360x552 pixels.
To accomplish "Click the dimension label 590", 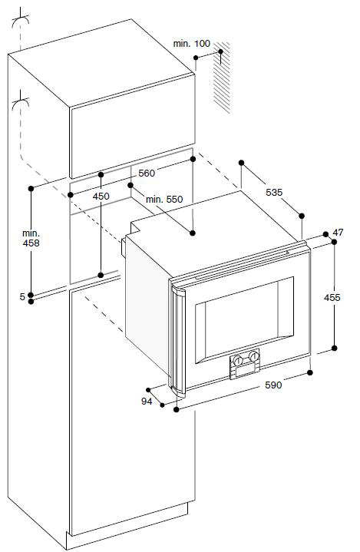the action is tap(273, 385).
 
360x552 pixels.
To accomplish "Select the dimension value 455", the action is tap(332, 297).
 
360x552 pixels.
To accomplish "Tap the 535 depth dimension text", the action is tap(274, 192).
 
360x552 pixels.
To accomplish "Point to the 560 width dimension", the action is tap(147, 174).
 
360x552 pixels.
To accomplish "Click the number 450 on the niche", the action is tap(101, 196).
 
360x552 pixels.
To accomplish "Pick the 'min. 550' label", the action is tap(164, 200).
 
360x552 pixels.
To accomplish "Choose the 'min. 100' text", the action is tap(191, 44).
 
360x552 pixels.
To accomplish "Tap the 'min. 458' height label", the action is tap(31, 238).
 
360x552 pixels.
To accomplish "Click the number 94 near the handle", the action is tap(147, 401).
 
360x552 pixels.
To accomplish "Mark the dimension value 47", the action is tap(338, 233).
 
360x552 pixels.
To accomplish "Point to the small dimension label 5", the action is tap(22, 297).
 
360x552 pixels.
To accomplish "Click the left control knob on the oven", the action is tap(238, 361).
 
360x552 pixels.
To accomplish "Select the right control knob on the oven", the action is tap(253, 356).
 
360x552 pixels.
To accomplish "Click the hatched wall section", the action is tap(222, 78).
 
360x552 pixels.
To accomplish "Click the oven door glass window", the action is tap(244, 319).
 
